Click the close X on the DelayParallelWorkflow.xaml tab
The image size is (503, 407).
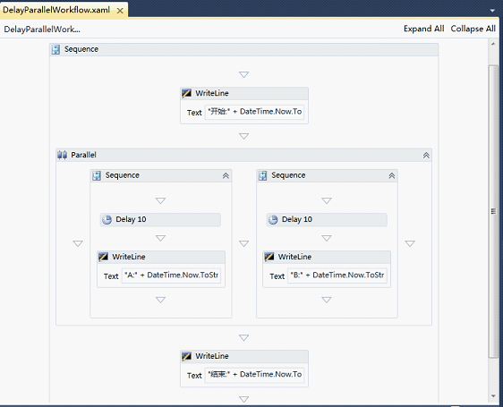[x=120, y=11]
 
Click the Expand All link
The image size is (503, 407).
[x=423, y=29]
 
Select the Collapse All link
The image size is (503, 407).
[x=473, y=29]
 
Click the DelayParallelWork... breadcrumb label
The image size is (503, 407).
[x=42, y=30]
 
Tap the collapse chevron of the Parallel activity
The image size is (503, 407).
[x=426, y=156]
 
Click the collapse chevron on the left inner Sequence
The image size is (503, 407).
[x=226, y=175]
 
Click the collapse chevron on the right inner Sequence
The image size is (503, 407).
[x=392, y=175]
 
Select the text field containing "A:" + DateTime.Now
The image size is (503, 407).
[x=171, y=276]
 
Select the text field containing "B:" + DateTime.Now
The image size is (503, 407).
[x=337, y=276]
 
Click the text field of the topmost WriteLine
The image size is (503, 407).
[x=254, y=112]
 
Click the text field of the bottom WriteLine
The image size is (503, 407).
[x=254, y=374]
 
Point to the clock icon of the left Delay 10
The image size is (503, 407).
[x=107, y=220]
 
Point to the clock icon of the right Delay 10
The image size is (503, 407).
[x=273, y=220]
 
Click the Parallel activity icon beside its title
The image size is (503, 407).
[x=63, y=156]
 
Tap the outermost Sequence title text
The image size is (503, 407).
[x=81, y=49]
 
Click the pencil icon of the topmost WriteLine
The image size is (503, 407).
[x=186, y=93]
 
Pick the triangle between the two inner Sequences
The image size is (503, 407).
[x=243, y=243]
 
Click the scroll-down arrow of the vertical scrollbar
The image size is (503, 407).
[x=493, y=396]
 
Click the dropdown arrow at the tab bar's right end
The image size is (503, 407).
[x=493, y=11]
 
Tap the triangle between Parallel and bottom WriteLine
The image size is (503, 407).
[x=243, y=338]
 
